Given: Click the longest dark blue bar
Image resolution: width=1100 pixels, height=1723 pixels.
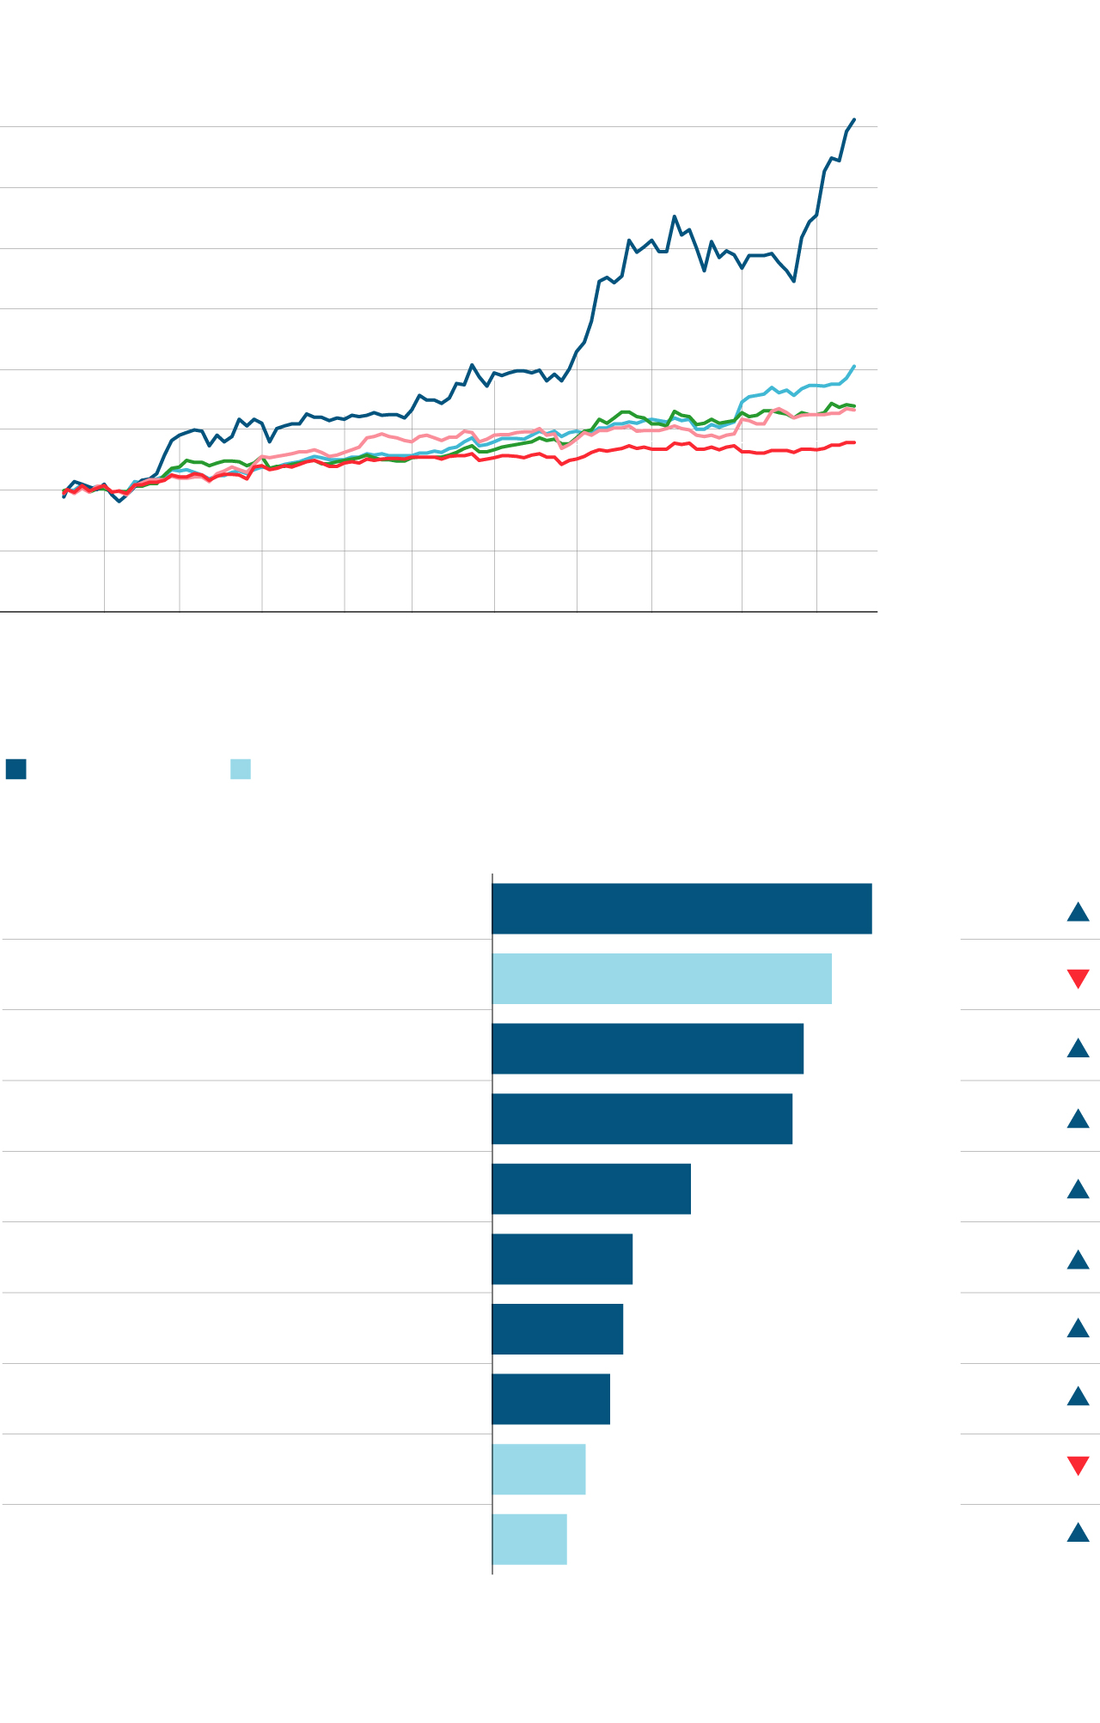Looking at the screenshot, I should [x=681, y=909].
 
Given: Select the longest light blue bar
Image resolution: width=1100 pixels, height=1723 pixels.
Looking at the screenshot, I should [x=662, y=978].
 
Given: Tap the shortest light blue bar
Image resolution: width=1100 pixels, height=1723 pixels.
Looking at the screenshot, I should [x=529, y=1539].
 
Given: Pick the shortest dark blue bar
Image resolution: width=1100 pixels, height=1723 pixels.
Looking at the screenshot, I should [x=551, y=1399].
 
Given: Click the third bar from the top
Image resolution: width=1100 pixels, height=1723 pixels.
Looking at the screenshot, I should [x=647, y=1049].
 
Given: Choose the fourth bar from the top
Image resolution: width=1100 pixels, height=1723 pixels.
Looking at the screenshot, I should [x=642, y=1119].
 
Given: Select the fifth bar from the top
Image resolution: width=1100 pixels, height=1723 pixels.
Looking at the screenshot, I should [x=591, y=1189].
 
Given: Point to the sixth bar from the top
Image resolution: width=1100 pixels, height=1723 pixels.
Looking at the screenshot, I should [x=562, y=1259].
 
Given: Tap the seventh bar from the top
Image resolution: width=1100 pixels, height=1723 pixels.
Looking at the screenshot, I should [x=557, y=1329].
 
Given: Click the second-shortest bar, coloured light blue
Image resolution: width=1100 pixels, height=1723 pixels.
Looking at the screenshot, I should [x=539, y=1470].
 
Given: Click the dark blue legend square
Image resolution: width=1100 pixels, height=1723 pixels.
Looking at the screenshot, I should [x=15, y=769].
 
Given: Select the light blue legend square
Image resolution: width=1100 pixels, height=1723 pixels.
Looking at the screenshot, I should [x=241, y=769].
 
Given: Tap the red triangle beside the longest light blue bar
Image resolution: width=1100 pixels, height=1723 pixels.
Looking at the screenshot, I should [x=1078, y=978].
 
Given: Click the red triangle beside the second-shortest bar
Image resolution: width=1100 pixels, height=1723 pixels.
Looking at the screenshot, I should [x=1078, y=1465].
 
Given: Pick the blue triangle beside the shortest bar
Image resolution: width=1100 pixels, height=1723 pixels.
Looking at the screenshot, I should [x=1078, y=1532].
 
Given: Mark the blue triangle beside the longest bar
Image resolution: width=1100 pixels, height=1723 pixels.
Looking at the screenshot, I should [x=1078, y=911].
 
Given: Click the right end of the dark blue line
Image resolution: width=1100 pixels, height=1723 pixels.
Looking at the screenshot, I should [x=854, y=119].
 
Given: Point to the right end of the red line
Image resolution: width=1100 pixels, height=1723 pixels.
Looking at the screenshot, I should [x=854, y=442].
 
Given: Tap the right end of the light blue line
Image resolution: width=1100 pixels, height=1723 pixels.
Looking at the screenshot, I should [x=854, y=366].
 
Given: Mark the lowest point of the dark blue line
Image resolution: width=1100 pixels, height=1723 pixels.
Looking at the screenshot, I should [x=119, y=501].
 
